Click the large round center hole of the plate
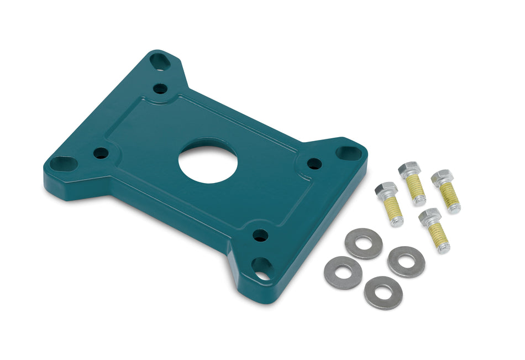pos(208,160)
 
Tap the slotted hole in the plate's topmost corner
pos(161,61)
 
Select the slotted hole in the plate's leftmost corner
pos(63,163)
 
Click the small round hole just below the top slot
pos(160,88)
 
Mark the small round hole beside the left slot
pos(101,153)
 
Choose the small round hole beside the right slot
pos(314,163)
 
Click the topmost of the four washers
pos(363,243)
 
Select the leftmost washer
pos(343,272)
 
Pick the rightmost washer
pos(406,262)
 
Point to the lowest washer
pos(383,293)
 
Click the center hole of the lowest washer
pos(383,293)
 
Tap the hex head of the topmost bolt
pos(410,169)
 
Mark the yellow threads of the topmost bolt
pos(417,190)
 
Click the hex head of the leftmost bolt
pos(385,190)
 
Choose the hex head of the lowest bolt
pos(429,216)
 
